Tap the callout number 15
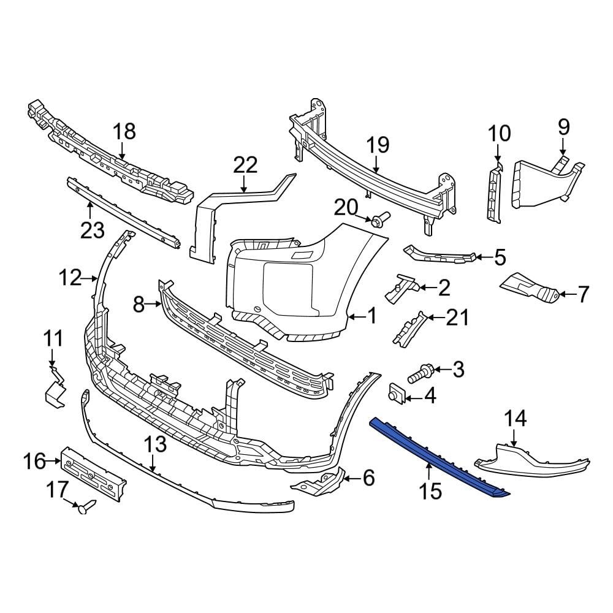click(431, 490)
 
